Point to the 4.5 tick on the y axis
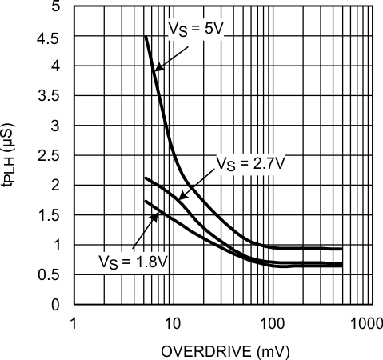click(x=50, y=37)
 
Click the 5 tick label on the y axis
click(x=55, y=7)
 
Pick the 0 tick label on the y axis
click(x=55, y=304)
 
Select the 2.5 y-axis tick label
click(x=50, y=155)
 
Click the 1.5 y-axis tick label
click(x=50, y=215)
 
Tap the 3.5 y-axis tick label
click(x=50, y=96)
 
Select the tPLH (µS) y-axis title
click(x=12, y=155)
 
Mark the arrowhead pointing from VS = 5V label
click(x=157, y=70)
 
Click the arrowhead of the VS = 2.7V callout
click(x=181, y=198)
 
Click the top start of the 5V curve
click(x=144, y=37)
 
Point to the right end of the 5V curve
click(x=342, y=249)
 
